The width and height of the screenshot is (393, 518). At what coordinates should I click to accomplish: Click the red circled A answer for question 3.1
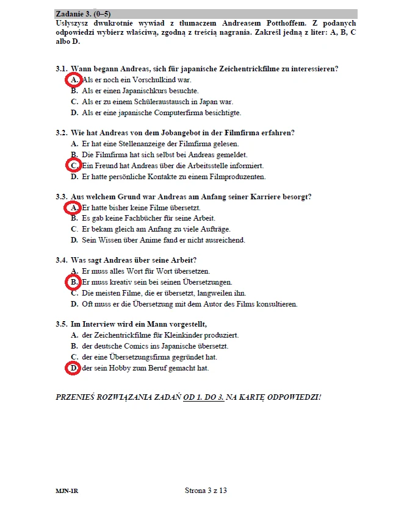[x=73, y=80]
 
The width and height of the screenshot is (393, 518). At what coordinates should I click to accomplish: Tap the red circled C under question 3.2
[x=73, y=166]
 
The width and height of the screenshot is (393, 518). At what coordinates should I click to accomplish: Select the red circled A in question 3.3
[x=73, y=208]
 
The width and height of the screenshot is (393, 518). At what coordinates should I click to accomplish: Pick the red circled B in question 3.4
[x=73, y=283]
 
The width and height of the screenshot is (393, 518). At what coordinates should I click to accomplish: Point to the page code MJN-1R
[x=65, y=491]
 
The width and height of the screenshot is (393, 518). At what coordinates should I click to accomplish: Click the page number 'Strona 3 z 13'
[x=205, y=490]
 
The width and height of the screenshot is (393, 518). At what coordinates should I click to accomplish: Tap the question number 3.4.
[x=61, y=260]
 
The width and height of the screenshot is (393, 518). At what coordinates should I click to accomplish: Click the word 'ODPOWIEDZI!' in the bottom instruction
[x=290, y=397]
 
